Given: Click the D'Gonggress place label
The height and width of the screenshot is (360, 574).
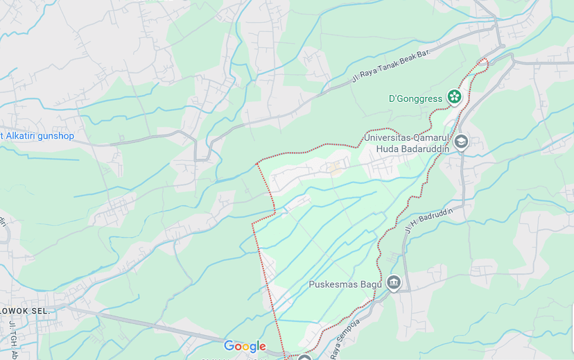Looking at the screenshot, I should click(x=415, y=98).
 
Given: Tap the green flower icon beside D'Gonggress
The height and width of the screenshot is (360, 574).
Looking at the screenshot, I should click(x=454, y=97).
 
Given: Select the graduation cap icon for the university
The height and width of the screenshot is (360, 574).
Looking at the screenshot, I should click(x=461, y=142).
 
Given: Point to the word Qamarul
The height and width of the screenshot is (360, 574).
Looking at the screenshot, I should click(x=433, y=137).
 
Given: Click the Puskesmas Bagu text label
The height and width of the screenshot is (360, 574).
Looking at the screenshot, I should click(x=345, y=284).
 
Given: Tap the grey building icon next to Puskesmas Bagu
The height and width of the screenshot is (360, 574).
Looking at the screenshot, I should click(x=394, y=282).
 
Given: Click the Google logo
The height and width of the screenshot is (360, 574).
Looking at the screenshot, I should click(x=245, y=346).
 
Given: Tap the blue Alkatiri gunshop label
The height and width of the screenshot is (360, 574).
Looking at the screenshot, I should click(x=37, y=136).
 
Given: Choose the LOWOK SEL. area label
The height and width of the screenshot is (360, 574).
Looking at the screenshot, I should click(x=25, y=311).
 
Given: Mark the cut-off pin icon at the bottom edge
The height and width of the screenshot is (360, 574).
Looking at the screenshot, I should click(x=304, y=357).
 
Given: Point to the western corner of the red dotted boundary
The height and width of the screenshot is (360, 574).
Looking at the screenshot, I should click(x=252, y=223).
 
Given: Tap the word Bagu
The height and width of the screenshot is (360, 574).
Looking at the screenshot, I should click(x=369, y=284).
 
